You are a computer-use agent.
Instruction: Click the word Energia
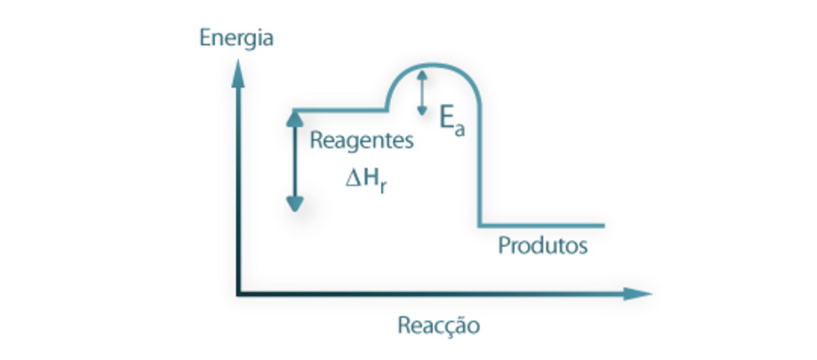click(236, 39)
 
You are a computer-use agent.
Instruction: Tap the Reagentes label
click(362, 141)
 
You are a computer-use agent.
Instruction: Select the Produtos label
click(542, 246)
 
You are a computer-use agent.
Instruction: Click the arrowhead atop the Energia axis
click(239, 71)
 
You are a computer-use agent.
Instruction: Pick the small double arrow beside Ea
click(422, 92)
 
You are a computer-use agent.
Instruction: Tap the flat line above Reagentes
click(340, 110)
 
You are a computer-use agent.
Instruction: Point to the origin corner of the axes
click(239, 293)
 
